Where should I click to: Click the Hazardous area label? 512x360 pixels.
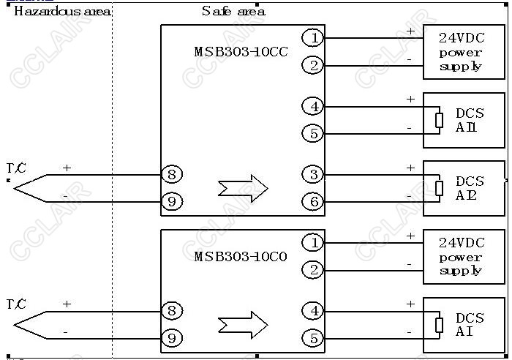click(x=62, y=12)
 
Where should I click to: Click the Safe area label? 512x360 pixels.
click(x=233, y=11)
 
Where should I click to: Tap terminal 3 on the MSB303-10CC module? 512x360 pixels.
click(x=312, y=174)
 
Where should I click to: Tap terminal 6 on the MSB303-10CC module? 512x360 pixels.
click(x=312, y=201)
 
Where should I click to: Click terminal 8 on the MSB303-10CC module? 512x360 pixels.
click(x=171, y=174)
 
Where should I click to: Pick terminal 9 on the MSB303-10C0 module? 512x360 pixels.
click(x=171, y=337)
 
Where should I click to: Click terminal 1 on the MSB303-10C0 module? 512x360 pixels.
click(x=312, y=242)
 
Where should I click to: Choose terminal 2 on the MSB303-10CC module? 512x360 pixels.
click(x=312, y=65)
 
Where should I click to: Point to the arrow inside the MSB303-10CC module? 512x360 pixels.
click(x=243, y=188)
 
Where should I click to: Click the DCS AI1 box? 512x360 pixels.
click(x=464, y=120)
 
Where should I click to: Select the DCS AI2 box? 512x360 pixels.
click(x=464, y=188)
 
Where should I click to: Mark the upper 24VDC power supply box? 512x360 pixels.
click(x=464, y=52)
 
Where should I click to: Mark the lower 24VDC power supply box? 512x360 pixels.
click(x=464, y=257)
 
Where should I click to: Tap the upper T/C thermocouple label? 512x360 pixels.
click(x=16, y=169)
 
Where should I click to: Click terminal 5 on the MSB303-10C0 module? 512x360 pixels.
click(x=312, y=338)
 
